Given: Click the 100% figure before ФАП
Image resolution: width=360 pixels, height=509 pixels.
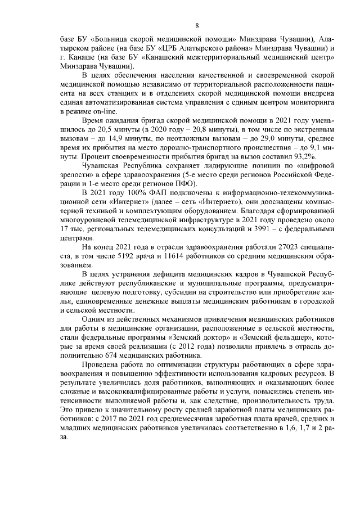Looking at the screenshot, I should point(139,195).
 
